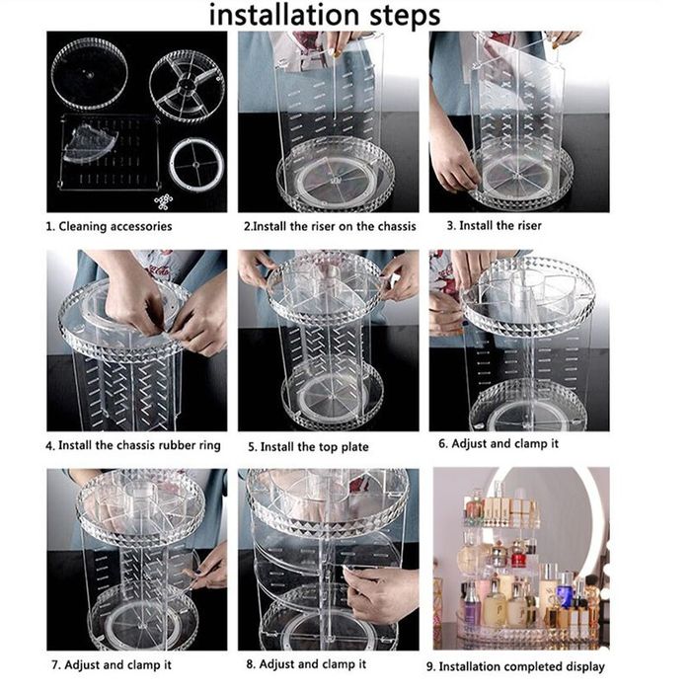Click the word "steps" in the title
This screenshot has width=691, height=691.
point(405,17)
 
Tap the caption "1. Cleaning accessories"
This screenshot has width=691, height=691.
point(109,226)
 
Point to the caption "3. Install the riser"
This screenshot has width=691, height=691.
point(494,226)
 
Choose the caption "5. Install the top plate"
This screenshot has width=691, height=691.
point(308,447)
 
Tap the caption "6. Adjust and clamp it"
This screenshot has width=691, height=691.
point(499,443)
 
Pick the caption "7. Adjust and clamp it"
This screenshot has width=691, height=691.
point(112,664)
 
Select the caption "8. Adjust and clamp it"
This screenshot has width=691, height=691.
point(306,664)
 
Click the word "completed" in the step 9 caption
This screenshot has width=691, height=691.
point(533,666)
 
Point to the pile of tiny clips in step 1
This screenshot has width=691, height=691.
point(163,201)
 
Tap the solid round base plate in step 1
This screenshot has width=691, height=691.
point(90,74)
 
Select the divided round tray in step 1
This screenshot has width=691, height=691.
point(187,85)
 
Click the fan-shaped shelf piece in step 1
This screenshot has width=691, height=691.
point(90,143)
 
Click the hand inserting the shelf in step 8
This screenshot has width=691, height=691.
point(379,593)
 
